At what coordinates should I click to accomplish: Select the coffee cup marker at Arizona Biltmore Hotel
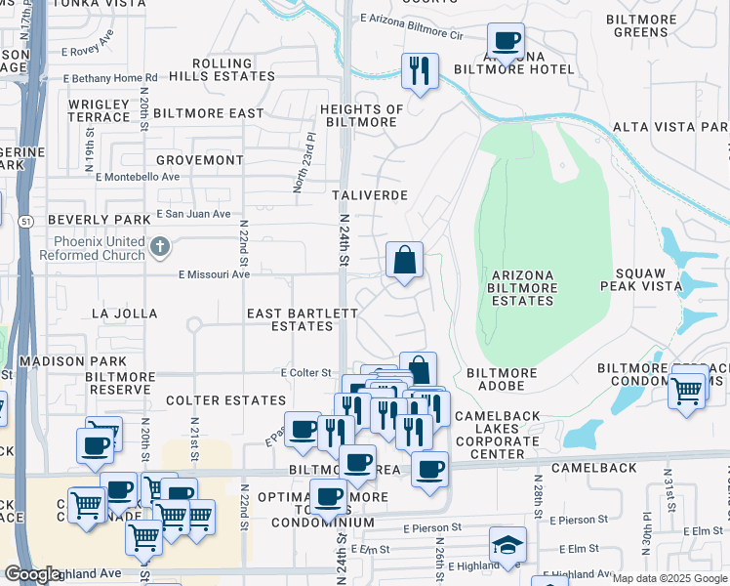point(506,42)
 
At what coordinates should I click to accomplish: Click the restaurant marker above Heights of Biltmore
point(420,70)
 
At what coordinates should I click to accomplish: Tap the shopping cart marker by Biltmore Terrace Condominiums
point(687,391)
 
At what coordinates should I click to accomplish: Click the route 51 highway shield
point(22,222)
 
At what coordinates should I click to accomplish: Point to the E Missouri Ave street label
point(214,274)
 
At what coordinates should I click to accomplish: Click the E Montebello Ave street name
point(138,177)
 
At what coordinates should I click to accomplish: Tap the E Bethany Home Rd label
point(110,78)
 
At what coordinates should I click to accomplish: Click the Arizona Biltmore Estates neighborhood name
point(523,288)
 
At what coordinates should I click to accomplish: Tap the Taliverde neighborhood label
point(368,195)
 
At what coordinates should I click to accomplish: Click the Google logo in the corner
point(32,574)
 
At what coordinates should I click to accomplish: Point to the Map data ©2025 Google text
point(669,578)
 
